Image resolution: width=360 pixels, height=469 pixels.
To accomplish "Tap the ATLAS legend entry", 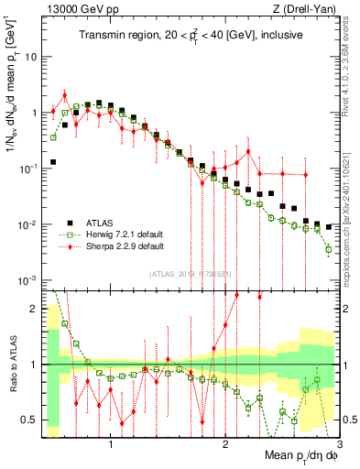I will (x=102, y=221).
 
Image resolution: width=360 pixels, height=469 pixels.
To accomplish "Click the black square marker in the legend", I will (x=70, y=221).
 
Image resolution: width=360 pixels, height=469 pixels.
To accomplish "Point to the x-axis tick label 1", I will (x=111, y=443).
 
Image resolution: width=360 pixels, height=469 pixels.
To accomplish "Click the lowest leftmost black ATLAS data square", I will (x=53, y=162).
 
